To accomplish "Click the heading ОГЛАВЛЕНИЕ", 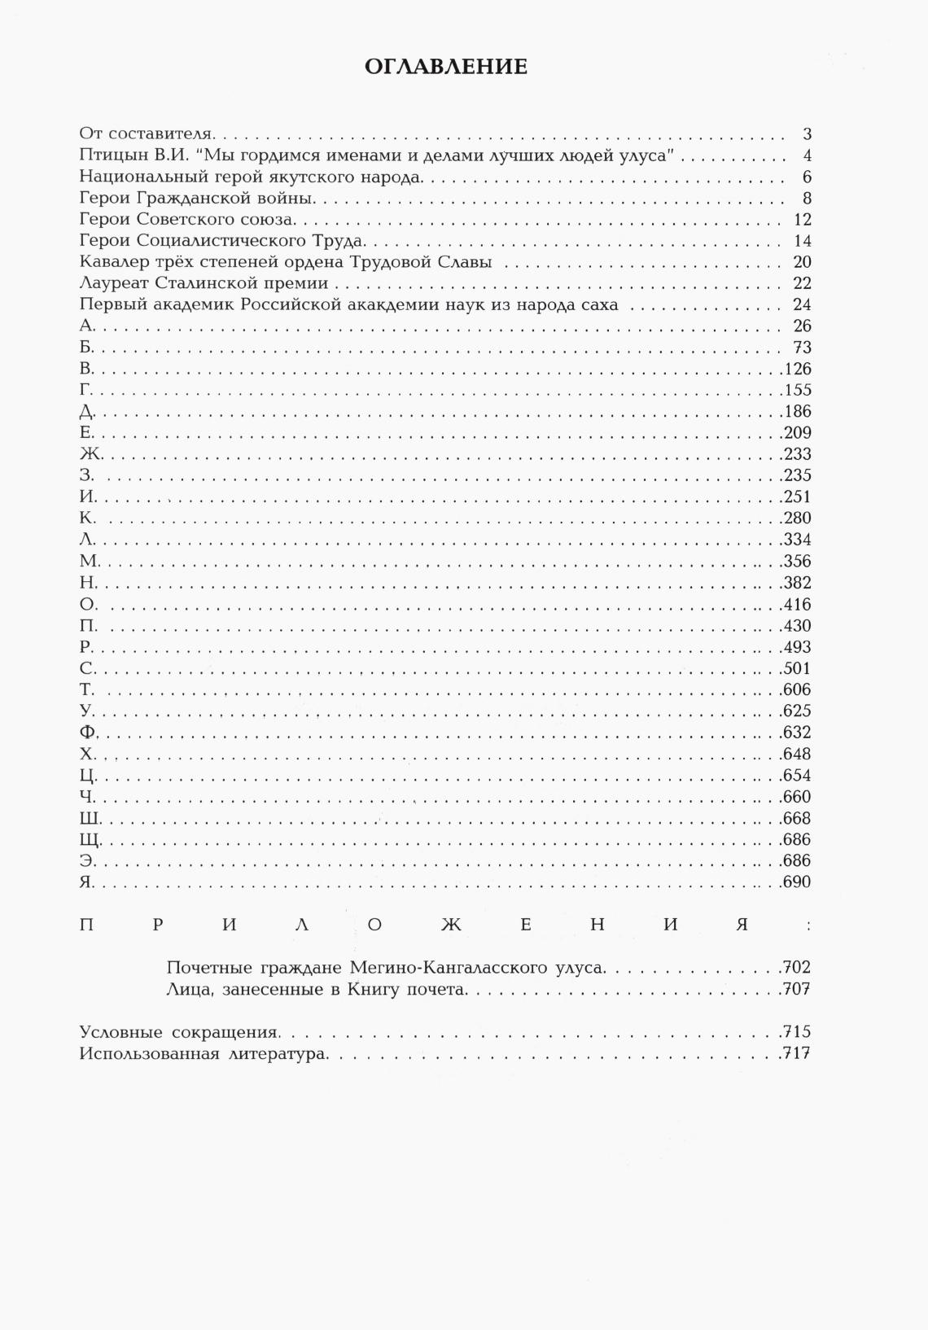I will (446, 67).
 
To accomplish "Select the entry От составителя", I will (146, 134).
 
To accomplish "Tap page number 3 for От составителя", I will (807, 134).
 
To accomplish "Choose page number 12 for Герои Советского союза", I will (802, 220).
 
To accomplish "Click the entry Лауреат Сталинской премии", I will (204, 283).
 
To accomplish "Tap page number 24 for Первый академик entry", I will (802, 305).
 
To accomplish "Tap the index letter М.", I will (90, 561).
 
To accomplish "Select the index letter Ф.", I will (89, 733).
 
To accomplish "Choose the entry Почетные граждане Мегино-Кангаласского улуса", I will (385, 968).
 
